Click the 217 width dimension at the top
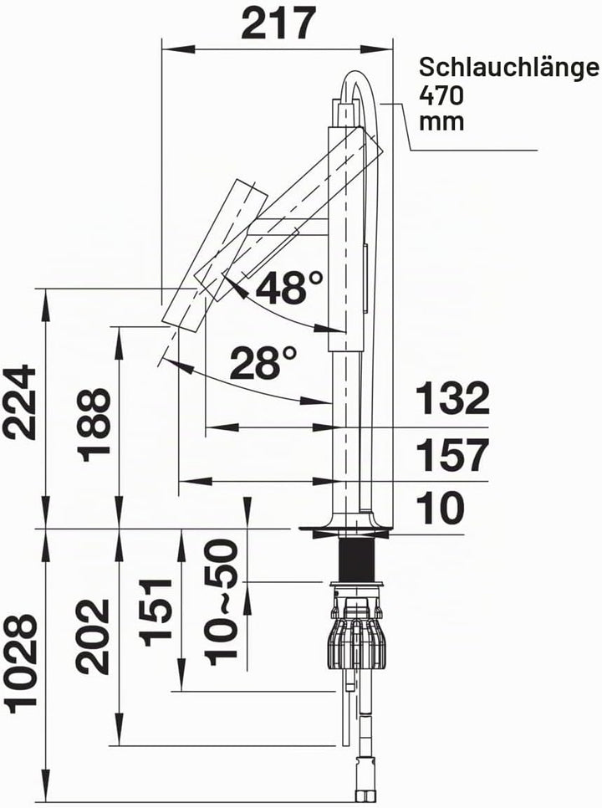coord(278,23)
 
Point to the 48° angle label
coord(289,287)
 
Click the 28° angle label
coord(263,362)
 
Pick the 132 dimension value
coord(452,398)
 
